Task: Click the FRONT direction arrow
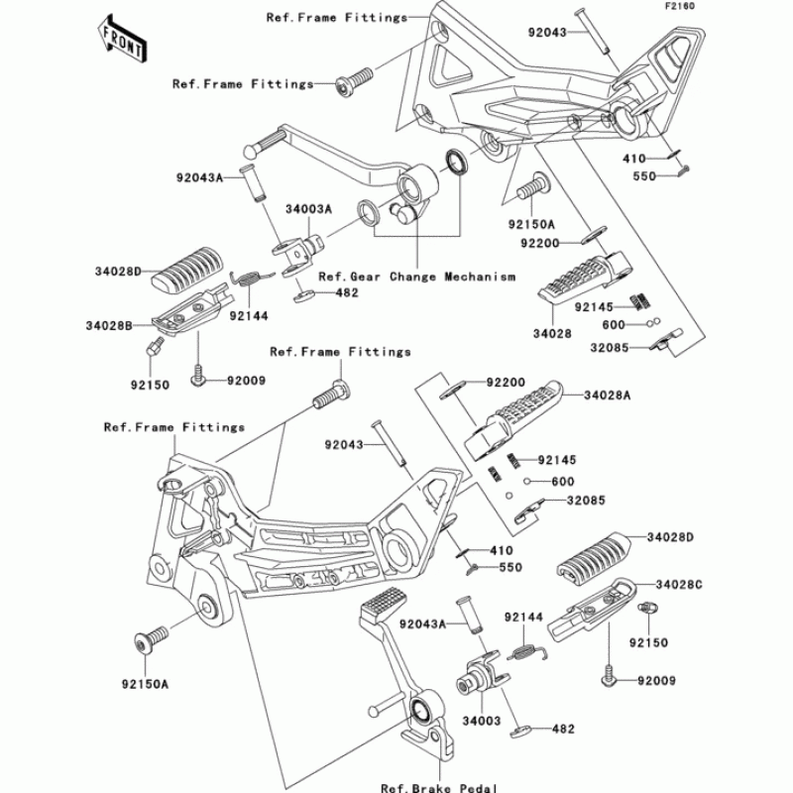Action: tap(122, 39)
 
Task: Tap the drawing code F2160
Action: tap(680, 6)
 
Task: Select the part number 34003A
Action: tap(308, 209)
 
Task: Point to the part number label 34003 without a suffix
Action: tap(482, 720)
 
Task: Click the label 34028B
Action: tap(109, 326)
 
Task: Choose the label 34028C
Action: tap(679, 585)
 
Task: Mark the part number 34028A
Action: tap(608, 395)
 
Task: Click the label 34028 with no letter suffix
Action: tap(552, 334)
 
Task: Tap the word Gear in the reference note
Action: tap(365, 278)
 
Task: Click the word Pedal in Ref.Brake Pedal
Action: tap(478, 787)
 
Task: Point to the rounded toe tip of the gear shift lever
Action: tap(251, 152)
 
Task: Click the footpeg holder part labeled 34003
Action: tap(481, 673)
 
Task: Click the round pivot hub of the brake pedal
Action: tap(422, 710)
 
